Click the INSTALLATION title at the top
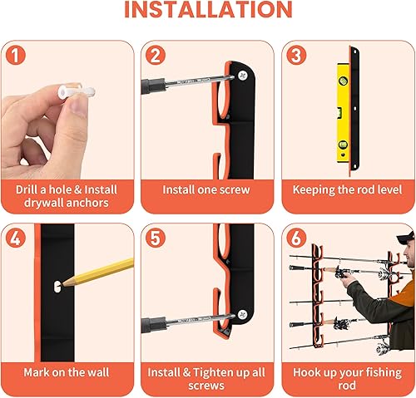tap(208, 11)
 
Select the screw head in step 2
tap(242, 74)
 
